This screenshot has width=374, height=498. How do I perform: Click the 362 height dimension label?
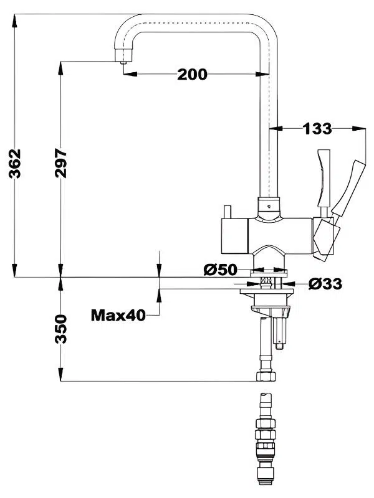(14, 163)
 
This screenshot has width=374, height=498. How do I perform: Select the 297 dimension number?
(60, 163)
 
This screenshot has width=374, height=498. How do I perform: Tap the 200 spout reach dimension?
(192, 74)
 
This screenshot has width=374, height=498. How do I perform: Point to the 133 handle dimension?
(317, 129)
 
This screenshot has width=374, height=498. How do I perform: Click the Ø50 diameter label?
(221, 270)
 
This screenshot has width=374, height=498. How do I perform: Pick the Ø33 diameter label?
(325, 284)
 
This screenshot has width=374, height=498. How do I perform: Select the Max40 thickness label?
(118, 316)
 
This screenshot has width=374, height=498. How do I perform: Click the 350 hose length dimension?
(60, 329)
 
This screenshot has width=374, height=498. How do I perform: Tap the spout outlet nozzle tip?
(123, 62)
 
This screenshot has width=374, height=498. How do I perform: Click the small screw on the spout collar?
(269, 207)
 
